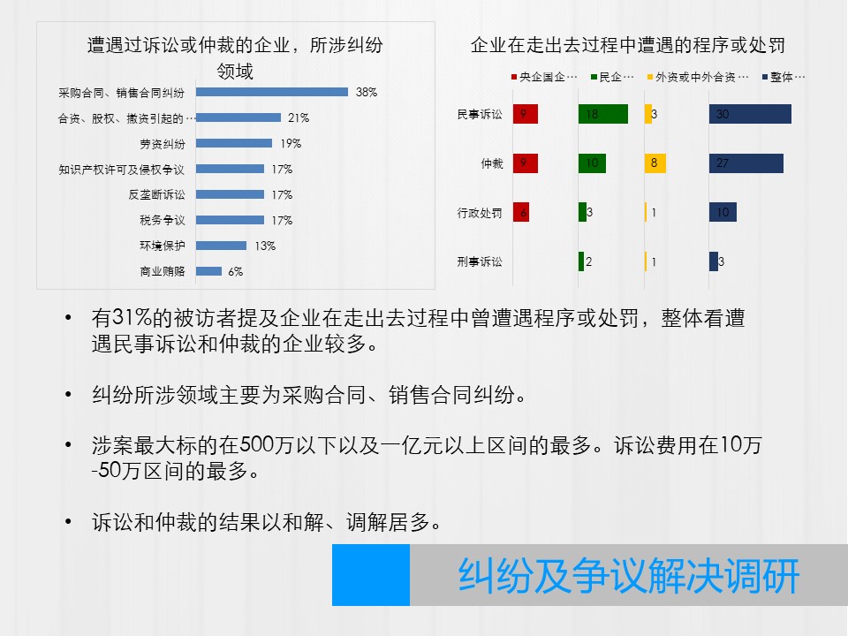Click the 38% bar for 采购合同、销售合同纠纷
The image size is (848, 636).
point(272,92)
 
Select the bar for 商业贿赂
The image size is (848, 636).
point(208,271)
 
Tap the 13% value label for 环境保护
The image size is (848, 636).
point(265,246)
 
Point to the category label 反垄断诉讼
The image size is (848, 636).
point(157,194)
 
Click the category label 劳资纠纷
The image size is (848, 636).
point(163,144)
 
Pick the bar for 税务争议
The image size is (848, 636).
point(230,220)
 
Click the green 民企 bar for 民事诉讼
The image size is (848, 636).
point(603,114)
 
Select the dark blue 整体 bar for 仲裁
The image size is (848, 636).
point(746,163)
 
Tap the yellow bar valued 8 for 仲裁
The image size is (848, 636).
point(655,163)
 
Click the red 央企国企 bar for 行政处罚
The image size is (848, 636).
point(521,212)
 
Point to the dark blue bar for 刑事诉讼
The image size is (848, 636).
point(714,261)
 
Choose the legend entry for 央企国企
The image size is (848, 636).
point(544,78)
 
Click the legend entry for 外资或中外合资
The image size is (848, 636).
point(698,78)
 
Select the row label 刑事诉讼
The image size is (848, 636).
point(480,261)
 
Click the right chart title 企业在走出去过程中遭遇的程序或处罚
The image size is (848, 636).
point(628,45)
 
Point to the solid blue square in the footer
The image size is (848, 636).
point(371,575)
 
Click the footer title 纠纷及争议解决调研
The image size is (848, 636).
point(629,575)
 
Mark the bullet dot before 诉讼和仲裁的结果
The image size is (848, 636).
point(68,522)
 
